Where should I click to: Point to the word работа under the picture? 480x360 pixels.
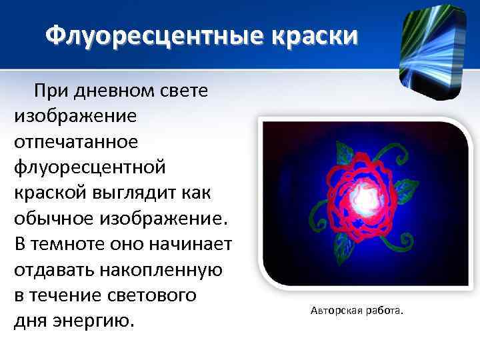(x=386, y=311)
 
